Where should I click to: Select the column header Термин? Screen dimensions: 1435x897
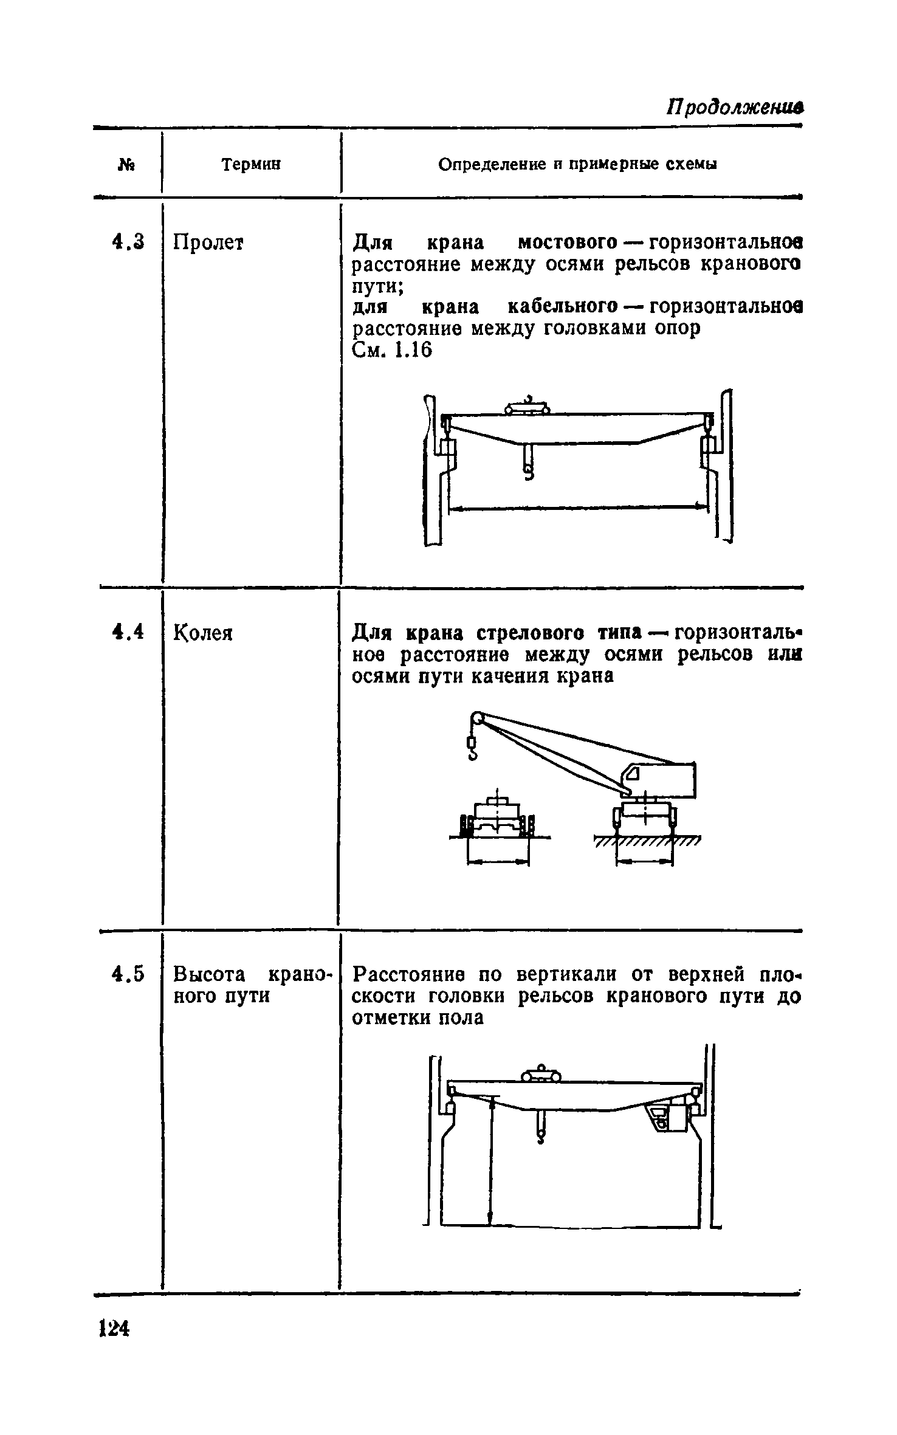pyautogui.click(x=251, y=164)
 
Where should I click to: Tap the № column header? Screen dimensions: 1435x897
pyautogui.click(x=127, y=165)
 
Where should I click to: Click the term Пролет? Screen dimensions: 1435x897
pyautogui.click(x=208, y=243)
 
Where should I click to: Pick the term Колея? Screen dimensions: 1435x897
pyautogui.click(x=203, y=633)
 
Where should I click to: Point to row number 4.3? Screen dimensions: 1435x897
pyautogui.click(x=129, y=243)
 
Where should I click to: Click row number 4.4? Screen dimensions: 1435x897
pyautogui.click(x=128, y=632)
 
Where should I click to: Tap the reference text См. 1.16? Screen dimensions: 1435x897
pyautogui.click(x=392, y=351)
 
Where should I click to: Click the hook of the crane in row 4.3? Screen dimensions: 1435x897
pyautogui.click(x=528, y=471)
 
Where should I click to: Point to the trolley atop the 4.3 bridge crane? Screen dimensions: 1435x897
pyautogui.click(x=528, y=407)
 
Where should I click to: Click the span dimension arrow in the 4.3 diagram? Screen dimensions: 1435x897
pyautogui.click(x=578, y=506)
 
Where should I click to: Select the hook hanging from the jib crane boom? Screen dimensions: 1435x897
pyautogui.click(x=472, y=748)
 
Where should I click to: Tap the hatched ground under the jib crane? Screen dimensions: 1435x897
pyautogui.click(x=647, y=841)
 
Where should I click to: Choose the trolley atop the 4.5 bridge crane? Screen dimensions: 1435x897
pyautogui.click(x=541, y=1075)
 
